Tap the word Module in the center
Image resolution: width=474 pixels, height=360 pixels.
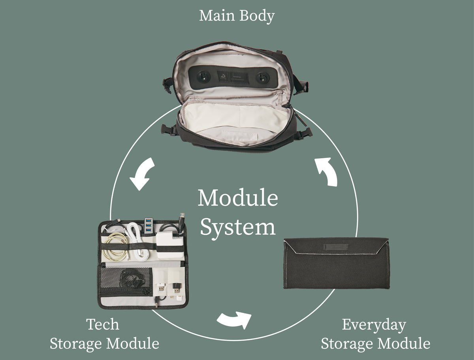click(237, 199)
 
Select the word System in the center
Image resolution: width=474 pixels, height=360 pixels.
click(237, 227)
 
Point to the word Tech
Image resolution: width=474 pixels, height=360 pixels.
click(102, 324)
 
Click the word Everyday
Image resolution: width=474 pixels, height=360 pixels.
click(374, 325)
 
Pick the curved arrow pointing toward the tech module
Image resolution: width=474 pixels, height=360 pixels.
click(141, 174)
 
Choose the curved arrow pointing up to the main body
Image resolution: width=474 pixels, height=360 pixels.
click(327, 172)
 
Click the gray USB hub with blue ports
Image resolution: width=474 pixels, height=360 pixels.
click(149, 225)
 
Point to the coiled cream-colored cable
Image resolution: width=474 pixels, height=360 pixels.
click(115, 246)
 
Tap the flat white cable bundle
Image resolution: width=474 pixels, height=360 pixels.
click(136, 243)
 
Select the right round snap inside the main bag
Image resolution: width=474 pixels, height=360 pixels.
click(262, 77)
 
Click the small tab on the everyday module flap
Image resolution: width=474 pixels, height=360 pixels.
click(336, 247)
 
